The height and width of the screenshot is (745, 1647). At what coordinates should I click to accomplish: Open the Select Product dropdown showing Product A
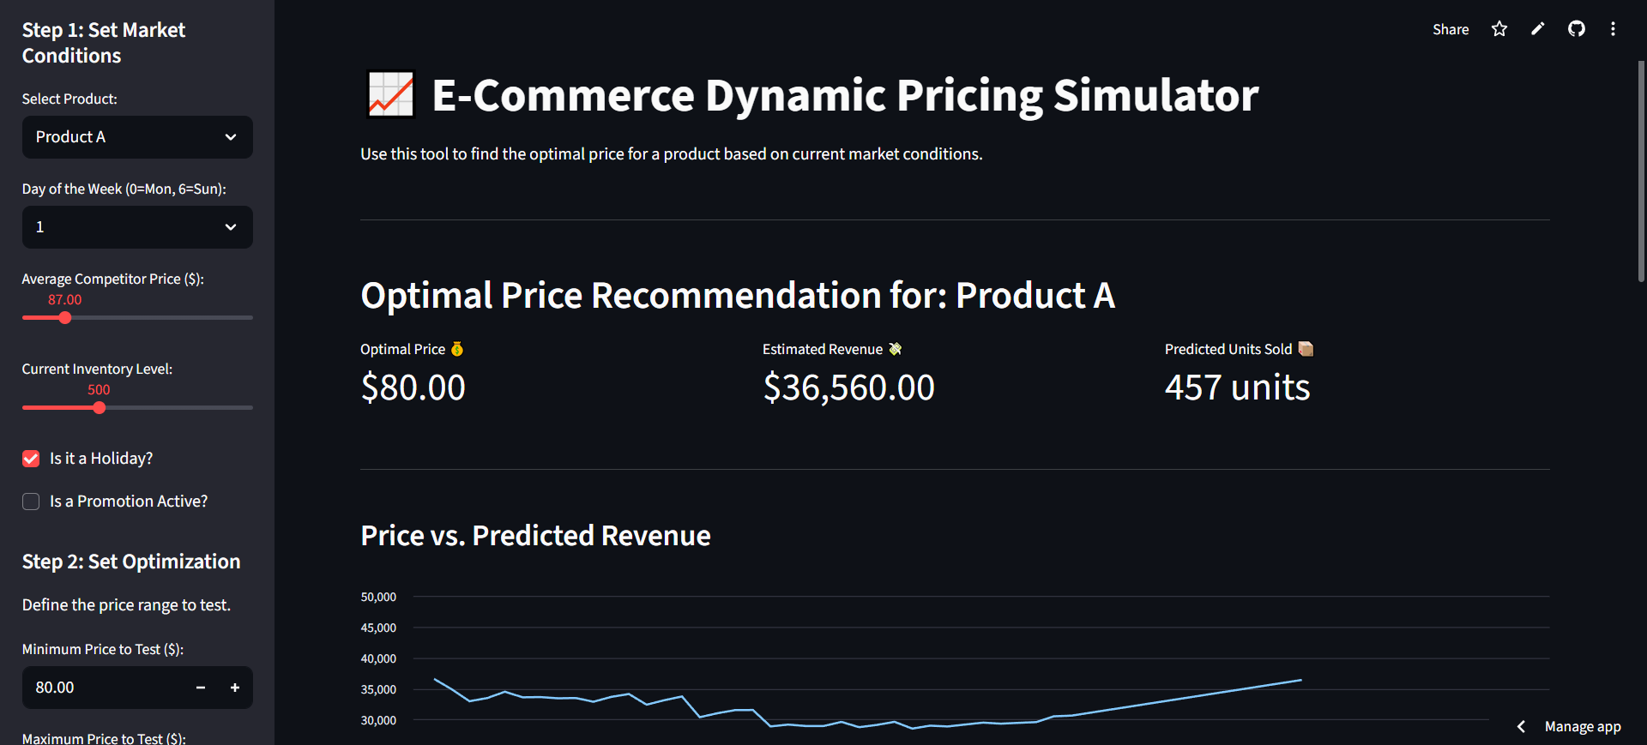pyautogui.click(x=137, y=137)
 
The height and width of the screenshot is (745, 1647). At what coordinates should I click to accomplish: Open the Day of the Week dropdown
pyautogui.click(x=137, y=227)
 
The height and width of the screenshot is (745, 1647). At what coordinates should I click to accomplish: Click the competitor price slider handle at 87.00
pyautogui.click(x=65, y=318)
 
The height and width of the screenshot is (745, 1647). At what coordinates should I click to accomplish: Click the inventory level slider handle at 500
pyautogui.click(x=100, y=408)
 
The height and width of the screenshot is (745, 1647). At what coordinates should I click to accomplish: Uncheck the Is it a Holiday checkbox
pyautogui.click(x=31, y=459)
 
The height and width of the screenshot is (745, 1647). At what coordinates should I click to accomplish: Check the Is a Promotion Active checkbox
pyautogui.click(x=31, y=502)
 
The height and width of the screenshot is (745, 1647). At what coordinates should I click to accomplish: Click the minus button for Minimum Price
pyautogui.click(x=201, y=688)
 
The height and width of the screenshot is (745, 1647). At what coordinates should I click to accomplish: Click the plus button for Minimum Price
pyautogui.click(x=235, y=688)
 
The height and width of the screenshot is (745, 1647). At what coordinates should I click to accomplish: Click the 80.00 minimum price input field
pyautogui.click(x=103, y=688)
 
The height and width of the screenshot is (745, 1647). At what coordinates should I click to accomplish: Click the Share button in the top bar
pyautogui.click(x=1451, y=29)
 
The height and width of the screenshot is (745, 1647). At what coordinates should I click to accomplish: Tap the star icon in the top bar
pyautogui.click(x=1499, y=29)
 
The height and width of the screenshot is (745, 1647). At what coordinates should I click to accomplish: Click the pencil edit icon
pyautogui.click(x=1538, y=29)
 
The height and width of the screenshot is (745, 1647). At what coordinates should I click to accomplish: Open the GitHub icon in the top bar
pyautogui.click(x=1577, y=29)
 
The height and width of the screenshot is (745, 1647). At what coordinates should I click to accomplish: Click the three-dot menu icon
pyautogui.click(x=1613, y=29)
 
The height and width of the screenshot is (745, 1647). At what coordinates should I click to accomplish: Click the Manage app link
pyautogui.click(x=1582, y=726)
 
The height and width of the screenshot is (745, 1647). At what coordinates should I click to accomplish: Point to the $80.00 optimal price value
pyautogui.click(x=413, y=388)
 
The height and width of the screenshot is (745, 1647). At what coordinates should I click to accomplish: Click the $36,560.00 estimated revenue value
pyautogui.click(x=848, y=388)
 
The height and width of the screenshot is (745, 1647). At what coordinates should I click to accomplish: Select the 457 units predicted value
pyautogui.click(x=1237, y=388)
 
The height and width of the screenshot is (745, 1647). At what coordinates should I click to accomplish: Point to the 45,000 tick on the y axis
pyautogui.click(x=378, y=628)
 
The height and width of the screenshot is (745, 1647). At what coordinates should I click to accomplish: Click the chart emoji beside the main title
pyautogui.click(x=391, y=94)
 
